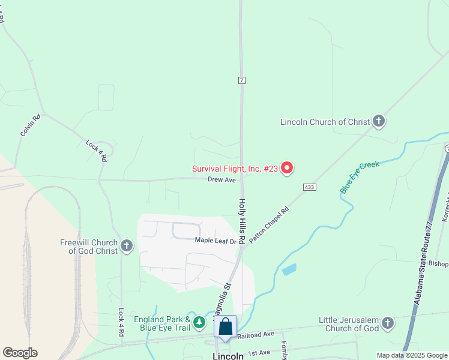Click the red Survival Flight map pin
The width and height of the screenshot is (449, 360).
[x=287, y=168]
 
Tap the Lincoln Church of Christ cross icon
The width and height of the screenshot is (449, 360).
[x=378, y=122]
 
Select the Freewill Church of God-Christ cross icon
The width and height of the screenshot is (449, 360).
[x=126, y=245]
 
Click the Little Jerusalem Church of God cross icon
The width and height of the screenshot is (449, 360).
[x=388, y=324]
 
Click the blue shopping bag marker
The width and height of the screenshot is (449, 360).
[x=225, y=327]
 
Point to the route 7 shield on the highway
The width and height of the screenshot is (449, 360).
[x=241, y=80]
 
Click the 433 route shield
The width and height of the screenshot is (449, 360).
[x=309, y=187]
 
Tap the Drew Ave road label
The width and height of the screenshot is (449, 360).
[x=221, y=179]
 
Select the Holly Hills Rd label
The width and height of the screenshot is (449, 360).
[x=242, y=221]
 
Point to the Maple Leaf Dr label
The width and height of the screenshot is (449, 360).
[x=215, y=241]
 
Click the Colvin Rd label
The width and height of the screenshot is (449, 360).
[x=31, y=125]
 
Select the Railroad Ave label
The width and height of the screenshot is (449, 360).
[x=256, y=334]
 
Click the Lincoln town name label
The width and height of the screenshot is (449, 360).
[x=228, y=356]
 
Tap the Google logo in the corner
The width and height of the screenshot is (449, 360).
[x=20, y=352]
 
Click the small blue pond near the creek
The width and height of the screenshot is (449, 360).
[x=289, y=269]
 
